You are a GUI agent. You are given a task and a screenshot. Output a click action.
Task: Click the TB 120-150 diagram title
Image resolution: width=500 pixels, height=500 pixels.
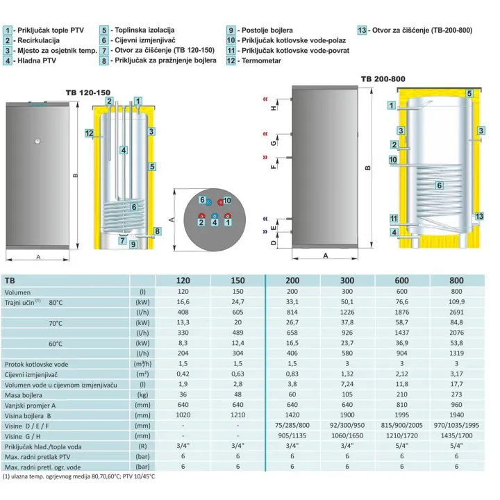click(x=88, y=93)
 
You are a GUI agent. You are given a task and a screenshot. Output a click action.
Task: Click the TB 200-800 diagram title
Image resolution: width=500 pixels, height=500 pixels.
click(x=383, y=79)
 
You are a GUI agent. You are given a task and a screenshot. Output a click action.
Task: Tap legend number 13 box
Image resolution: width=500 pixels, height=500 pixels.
click(x=362, y=31)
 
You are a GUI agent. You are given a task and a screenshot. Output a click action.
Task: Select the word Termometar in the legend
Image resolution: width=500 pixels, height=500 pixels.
click(x=261, y=60)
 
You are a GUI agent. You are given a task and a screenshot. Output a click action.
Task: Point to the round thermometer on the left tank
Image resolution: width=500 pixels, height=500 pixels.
click(x=37, y=141)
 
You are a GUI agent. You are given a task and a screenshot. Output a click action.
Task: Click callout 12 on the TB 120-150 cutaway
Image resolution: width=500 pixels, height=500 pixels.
click(x=90, y=133)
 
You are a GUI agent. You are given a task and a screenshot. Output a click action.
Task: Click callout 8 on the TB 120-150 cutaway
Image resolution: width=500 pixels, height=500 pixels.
click(x=157, y=231)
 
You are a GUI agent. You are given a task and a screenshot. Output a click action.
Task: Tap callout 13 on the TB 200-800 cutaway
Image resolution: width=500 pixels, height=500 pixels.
click(x=479, y=216)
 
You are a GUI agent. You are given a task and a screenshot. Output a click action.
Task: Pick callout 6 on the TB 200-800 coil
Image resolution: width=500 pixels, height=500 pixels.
click(x=440, y=185)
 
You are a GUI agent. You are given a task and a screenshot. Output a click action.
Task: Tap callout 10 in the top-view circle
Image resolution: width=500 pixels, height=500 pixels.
click(x=226, y=201)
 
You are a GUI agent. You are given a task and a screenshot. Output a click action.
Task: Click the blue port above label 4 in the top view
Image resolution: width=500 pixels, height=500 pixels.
click(x=215, y=216)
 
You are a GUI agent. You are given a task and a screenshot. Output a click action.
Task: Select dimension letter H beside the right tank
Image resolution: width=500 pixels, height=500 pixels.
click(x=274, y=108)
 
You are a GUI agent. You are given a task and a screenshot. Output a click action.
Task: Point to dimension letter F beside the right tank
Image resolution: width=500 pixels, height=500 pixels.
click(x=274, y=167)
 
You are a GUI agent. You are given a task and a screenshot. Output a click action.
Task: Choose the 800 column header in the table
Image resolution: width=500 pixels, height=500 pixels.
click(x=456, y=281)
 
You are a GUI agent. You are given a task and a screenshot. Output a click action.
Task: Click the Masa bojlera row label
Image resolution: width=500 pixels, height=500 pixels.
click(x=24, y=395)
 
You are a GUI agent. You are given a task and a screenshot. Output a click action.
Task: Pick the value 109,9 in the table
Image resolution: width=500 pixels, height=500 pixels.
click(x=456, y=301)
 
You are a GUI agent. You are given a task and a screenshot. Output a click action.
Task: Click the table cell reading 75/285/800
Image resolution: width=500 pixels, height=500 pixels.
click(x=292, y=426)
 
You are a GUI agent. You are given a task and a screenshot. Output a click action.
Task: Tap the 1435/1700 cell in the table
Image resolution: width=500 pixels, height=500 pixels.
click(x=456, y=435)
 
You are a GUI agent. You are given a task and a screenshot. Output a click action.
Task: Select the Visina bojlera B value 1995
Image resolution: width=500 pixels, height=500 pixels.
click(x=402, y=415)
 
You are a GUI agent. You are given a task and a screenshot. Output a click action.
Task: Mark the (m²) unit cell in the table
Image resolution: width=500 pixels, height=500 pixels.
click(x=142, y=374)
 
